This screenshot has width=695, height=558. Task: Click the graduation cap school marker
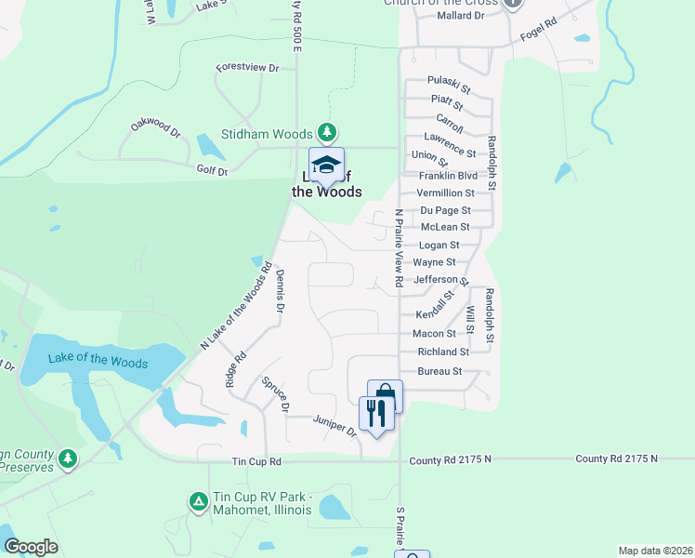pyautogui.click(x=326, y=166)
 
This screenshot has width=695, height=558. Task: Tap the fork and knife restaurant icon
pyautogui.click(x=376, y=412)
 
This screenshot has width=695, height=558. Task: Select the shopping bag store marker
pyautogui.click(x=385, y=396)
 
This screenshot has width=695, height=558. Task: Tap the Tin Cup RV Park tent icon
pyautogui.click(x=198, y=501)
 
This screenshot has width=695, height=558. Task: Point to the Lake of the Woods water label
pyautogui.click(x=98, y=361)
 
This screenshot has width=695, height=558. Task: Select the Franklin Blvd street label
pyautogui.click(x=448, y=176)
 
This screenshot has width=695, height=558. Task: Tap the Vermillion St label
pyautogui.click(x=445, y=193)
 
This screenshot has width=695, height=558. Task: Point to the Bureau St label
pyautogui.click(x=441, y=371)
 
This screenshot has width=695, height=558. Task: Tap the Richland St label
pyautogui.click(x=444, y=352)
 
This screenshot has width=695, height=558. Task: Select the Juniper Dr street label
pyautogui.click(x=334, y=425)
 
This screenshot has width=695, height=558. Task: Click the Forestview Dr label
pyautogui.click(x=247, y=68)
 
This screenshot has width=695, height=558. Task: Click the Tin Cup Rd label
pyautogui.click(x=256, y=461)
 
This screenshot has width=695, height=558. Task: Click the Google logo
pyautogui.click(x=31, y=547)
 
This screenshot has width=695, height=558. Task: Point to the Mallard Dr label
pyautogui.click(x=460, y=16)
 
